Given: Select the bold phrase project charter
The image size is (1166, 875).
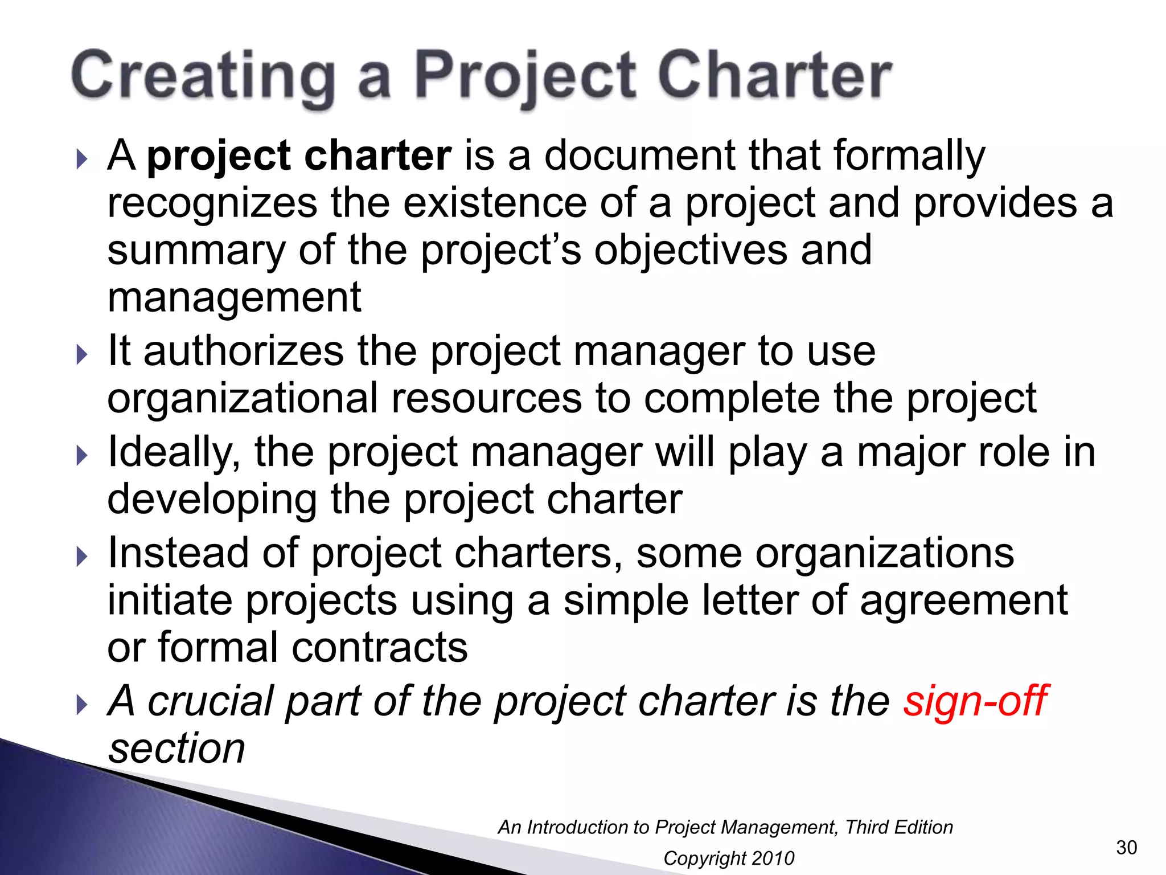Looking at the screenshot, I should (x=299, y=155).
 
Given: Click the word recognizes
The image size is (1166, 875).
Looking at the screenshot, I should (x=212, y=203).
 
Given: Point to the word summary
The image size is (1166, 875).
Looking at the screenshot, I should (x=196, y=251).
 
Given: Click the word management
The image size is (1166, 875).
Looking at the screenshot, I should (x=234, y=297).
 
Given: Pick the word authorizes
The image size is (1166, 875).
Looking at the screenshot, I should (x=244, y=351).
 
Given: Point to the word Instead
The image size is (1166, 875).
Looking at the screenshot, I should (x=178, y=553).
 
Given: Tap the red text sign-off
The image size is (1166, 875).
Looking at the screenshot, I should (x=975, y=701).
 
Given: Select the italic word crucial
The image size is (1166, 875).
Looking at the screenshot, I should (x=211, y=701).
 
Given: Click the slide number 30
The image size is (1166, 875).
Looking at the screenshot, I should (x=1126, y=848).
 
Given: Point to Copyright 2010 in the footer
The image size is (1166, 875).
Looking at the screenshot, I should (x=729, y=858).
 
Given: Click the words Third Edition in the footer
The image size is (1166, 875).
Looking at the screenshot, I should (x=898, y=827).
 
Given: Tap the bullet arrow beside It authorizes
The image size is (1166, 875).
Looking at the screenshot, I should (x=82, y=355).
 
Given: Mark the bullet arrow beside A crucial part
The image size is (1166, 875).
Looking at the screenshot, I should (x=82, y=705).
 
